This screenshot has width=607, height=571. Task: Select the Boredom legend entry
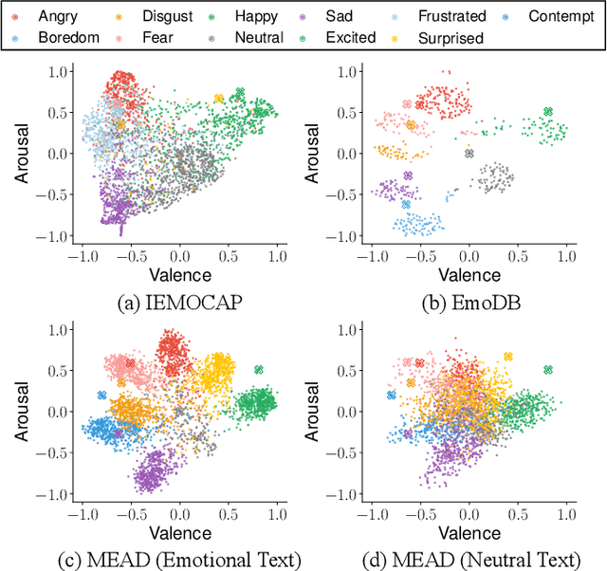(63, 38)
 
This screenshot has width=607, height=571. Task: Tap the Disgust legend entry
(159, 16)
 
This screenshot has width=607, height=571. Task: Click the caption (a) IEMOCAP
(179, 304)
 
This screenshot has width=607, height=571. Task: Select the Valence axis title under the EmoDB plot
(469, 275)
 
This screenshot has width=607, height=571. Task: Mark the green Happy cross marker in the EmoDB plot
(547, 112)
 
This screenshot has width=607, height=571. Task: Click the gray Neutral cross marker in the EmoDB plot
(469, 154)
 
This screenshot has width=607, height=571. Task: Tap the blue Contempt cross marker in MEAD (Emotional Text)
(101, 396)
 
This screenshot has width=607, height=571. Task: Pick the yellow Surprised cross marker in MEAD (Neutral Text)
(507, 357)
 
